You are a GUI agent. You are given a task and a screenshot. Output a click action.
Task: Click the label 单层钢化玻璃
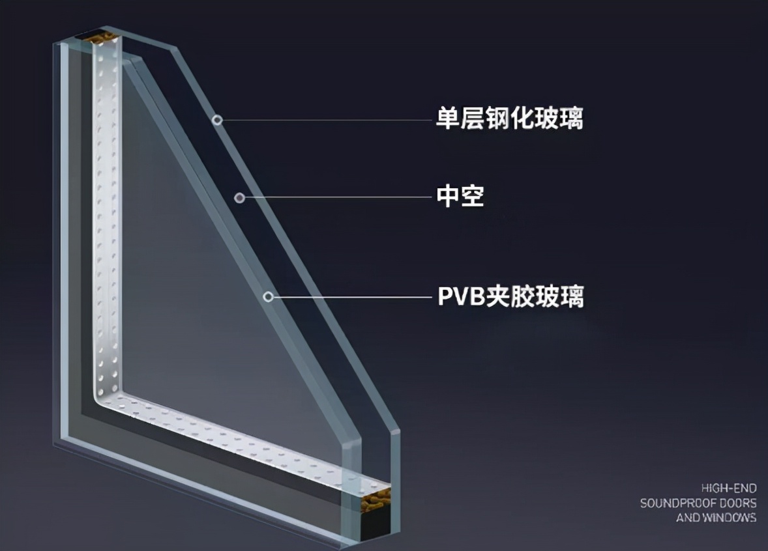tap(509, 119)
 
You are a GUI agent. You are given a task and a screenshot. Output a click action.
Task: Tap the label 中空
tap(460, 196)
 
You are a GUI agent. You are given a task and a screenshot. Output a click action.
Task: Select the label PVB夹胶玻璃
tap(511, 296)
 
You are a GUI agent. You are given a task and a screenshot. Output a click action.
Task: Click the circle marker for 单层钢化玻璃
tap(218, 120)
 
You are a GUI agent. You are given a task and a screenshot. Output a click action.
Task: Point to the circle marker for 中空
tap(239, 198)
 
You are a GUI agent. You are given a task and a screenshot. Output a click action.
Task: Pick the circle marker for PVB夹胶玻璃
tap(268, 296)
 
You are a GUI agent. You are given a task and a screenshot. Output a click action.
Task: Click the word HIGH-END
tap(729, 488)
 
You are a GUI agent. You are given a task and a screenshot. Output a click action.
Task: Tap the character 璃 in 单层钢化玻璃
tap(571, 119)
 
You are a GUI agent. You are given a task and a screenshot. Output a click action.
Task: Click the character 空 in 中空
tap(473, 196)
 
